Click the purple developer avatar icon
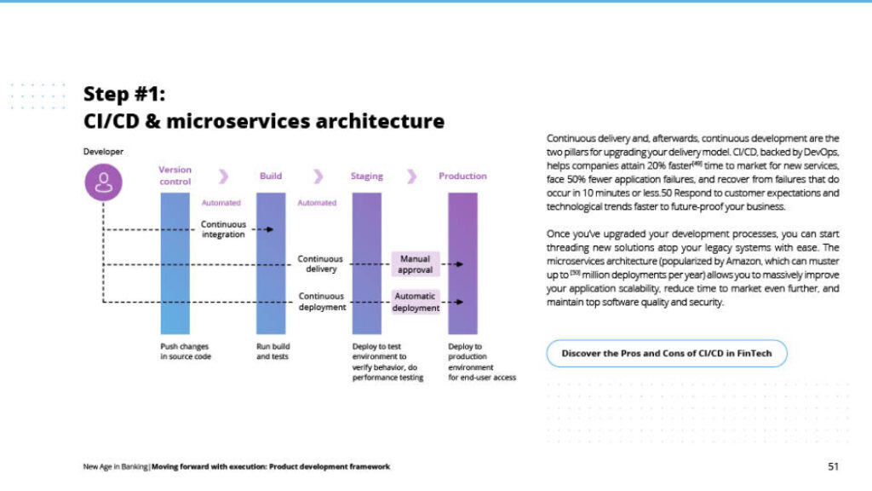click(103, 182)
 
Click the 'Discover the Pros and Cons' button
click(666, 353)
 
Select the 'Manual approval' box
click(416, 264)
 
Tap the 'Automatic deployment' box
click(416, 302)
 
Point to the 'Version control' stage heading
click(175, 176)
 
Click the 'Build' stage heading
click(271, 176)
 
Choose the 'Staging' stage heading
click(367, 176)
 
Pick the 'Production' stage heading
click(462, 176)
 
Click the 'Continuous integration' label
click(223, 229)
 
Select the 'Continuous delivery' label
click(320, 263)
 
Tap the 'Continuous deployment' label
click(321, 302)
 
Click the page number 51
click(833, 466)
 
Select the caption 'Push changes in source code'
click(185, 351)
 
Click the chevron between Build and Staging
click(318, 176)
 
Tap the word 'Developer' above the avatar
click(103, 152)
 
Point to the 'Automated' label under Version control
click(221, 203)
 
